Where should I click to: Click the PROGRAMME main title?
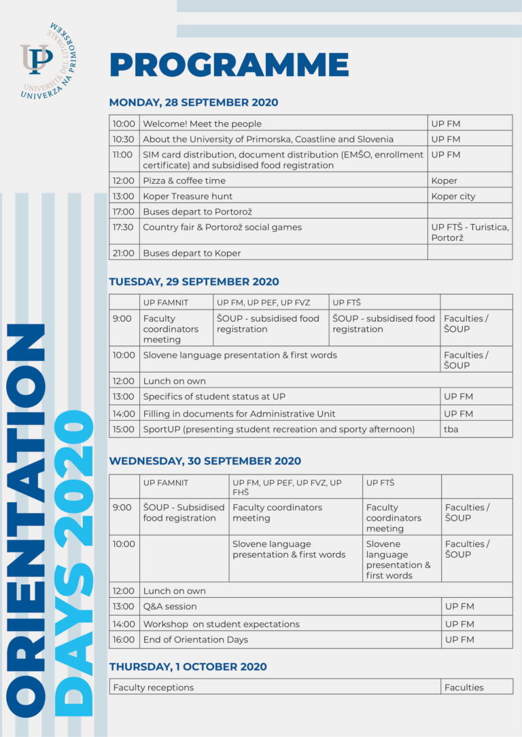click(x=229, y=65)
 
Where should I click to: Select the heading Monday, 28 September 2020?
click(x=194, y=102)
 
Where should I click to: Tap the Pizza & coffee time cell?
click(x=184, y=181)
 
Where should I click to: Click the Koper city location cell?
click(x=453, y=196)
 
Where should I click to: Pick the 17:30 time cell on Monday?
click(x=124, y=227)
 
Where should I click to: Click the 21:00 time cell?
click(x=124, y=253)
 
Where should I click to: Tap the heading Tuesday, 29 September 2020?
click(x=194, y=282)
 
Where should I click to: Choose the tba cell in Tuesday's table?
click(x=451, y=429)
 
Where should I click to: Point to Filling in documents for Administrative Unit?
click(x=239, y=413)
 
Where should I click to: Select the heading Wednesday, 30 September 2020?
click(x=205, y=461)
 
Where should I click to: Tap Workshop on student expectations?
click(x=221, y=624)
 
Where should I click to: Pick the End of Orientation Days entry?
click(x=196, y=639)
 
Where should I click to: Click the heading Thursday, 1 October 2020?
click(x=188, y=666)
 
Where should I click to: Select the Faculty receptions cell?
click(x=154, y=687)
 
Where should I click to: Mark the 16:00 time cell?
click(x=124, y=639)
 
